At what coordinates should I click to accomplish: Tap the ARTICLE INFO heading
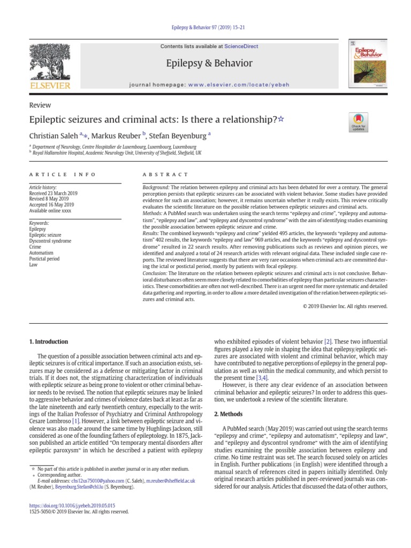click(62, 174)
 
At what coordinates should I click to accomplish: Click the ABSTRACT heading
click(165, 174)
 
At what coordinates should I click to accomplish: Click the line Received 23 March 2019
click(54, 193)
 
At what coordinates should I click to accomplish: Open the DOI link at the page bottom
click(72, 505)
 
